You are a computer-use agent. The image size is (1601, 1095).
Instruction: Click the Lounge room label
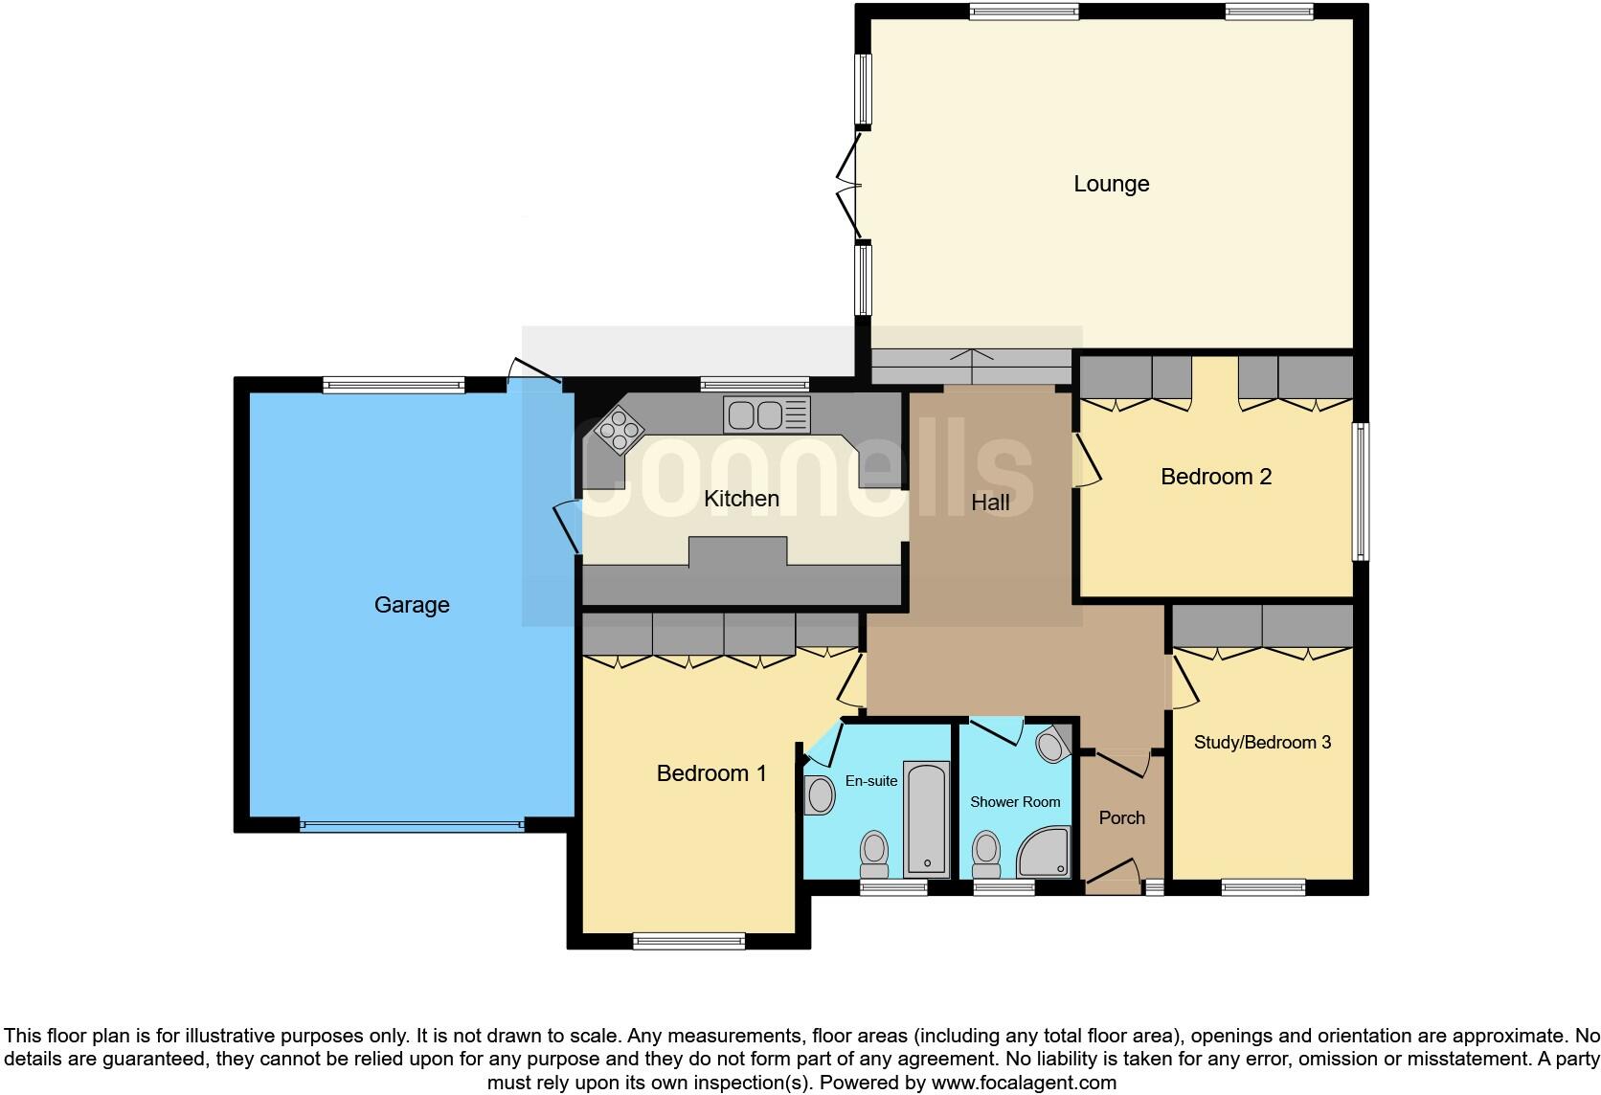click(x=1111, y=183)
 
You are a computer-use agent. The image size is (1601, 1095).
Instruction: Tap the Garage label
click(x=412, y=604)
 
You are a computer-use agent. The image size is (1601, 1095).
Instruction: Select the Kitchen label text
click(x=741, y=498)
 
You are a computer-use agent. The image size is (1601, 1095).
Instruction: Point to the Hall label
click(x=990, y=502)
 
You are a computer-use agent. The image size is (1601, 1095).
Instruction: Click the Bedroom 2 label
click(x=1215, y=476)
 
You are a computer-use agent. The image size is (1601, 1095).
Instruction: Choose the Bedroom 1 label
click(x=711, y=772)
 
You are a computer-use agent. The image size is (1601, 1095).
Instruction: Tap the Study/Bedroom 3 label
click(x=1262, y=742)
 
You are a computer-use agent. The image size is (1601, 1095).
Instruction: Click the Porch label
click(x=1121, y=817)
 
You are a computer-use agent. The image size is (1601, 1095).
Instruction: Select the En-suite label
click(x=871, y=781)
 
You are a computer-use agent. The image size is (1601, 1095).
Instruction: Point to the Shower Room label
click(x=1015, y=801)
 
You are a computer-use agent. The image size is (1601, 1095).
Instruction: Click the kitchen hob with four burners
click(x=618, y=430)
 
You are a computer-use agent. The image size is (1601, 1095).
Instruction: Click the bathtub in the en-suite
click(x=926, y=819)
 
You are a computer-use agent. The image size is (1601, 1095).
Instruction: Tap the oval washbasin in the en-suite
click(x=821, y=794)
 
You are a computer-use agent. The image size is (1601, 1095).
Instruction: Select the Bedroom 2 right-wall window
click(x=1360, y=491)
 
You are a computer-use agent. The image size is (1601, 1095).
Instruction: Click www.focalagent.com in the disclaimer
click(x=1024, y=1083)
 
